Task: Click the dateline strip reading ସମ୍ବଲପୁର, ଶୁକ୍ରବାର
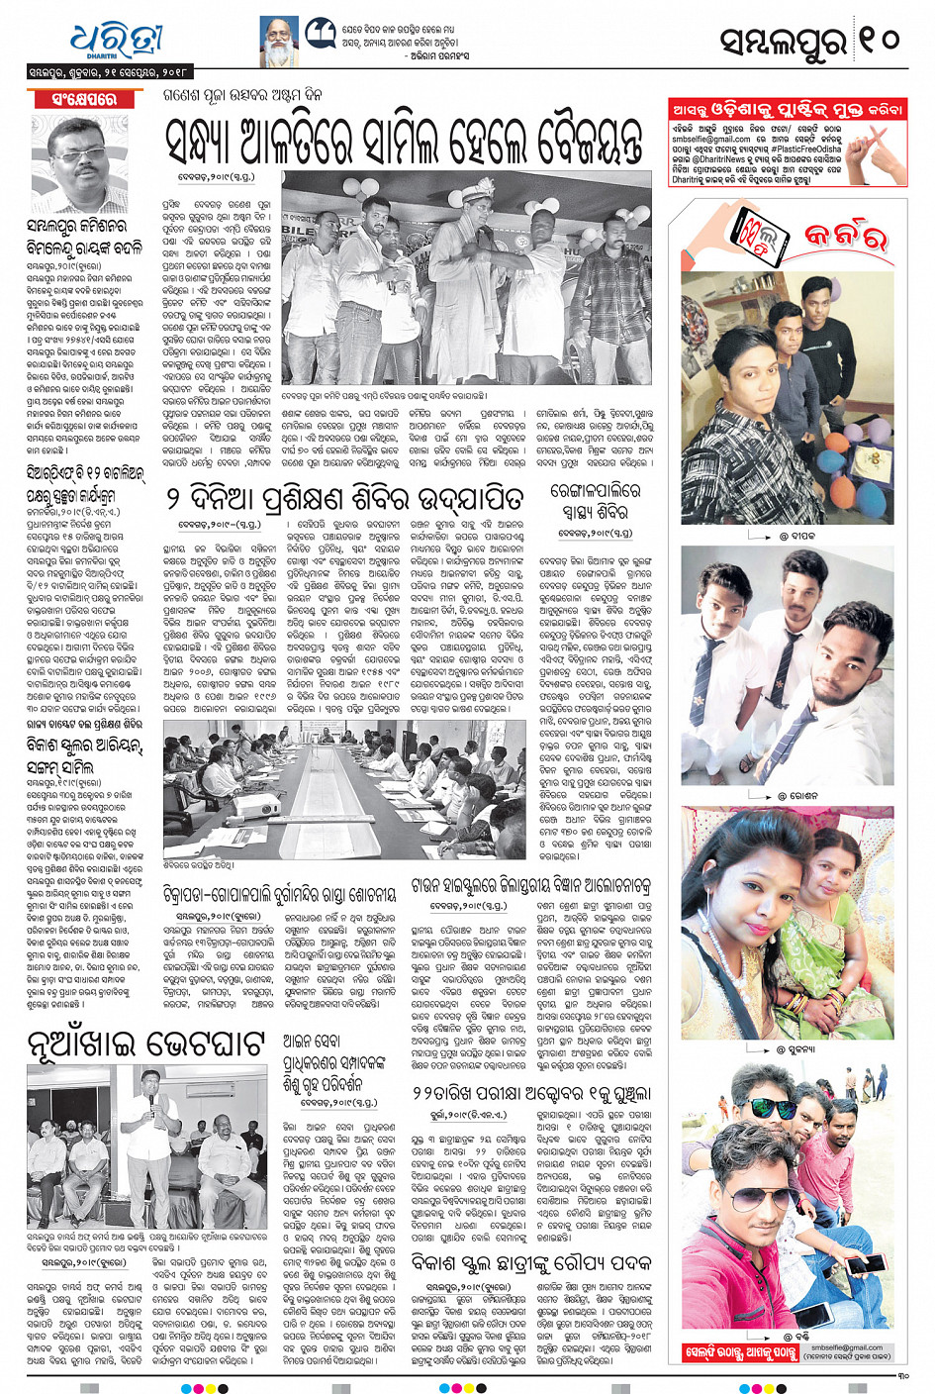coord(109,72)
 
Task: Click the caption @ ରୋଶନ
coord(795,795)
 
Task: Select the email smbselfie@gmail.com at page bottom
coord(846,1347)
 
